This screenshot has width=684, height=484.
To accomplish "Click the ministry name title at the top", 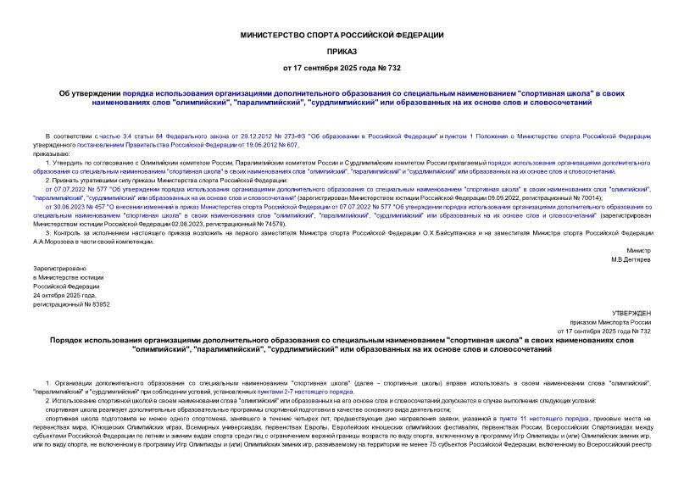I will (342, 35).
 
